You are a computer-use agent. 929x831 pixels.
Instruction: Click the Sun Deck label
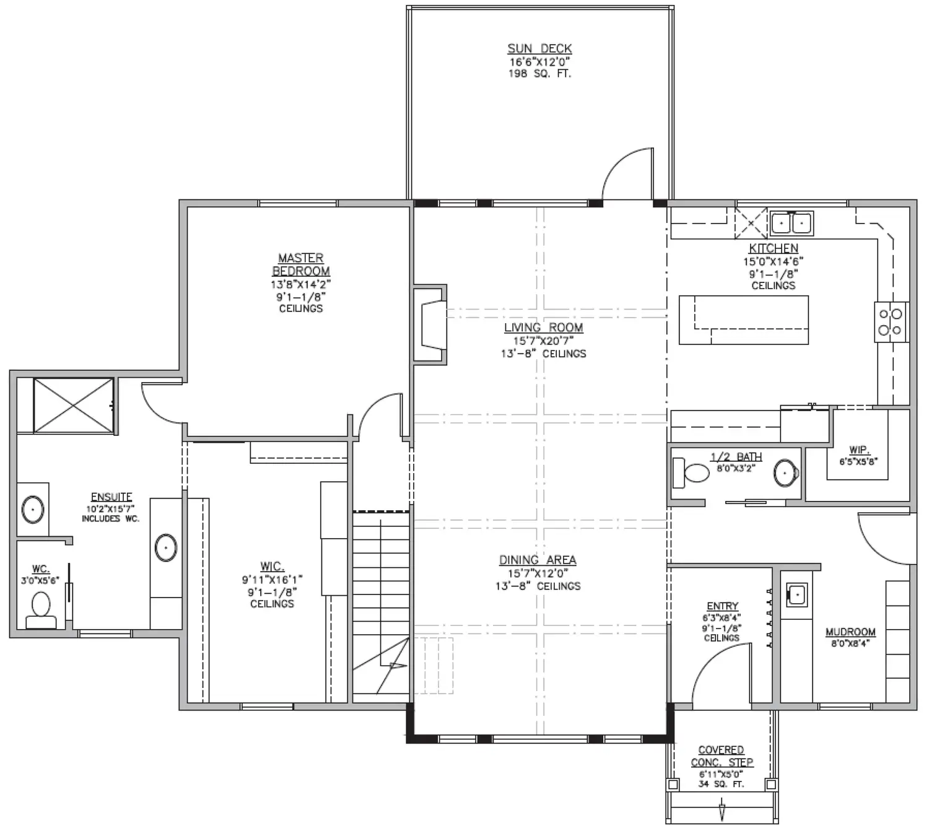tap(539, 49)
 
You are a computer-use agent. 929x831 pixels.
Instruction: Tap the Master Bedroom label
tap(301, 264)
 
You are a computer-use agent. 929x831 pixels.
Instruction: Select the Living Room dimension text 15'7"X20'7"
tap(543, 341)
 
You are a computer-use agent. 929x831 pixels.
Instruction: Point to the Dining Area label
tap(538, 560)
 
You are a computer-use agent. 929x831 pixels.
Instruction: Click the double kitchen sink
tap(792, 224)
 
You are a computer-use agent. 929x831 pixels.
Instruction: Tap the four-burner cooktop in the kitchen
tap(891, 321)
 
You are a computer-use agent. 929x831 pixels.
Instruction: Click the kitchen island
tap(743, 320)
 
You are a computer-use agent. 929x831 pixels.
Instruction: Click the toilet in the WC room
tap(41, 610)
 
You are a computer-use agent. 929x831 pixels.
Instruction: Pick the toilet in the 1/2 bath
tap(691, 473)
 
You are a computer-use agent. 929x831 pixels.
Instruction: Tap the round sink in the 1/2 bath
tap(786, 472)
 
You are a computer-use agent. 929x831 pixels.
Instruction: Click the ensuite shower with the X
tap(73, 406)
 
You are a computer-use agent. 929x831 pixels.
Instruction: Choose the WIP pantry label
tap(859, 450)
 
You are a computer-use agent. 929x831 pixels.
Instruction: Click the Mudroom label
tap(850, 632)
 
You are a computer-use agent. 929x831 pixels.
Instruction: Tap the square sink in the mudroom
tap(797, 595)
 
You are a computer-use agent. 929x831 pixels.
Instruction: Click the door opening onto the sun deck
tap(627, 174)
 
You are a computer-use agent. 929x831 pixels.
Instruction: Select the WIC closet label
tap(273, 567)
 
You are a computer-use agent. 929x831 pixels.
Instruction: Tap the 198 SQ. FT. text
tap(539, 74)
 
